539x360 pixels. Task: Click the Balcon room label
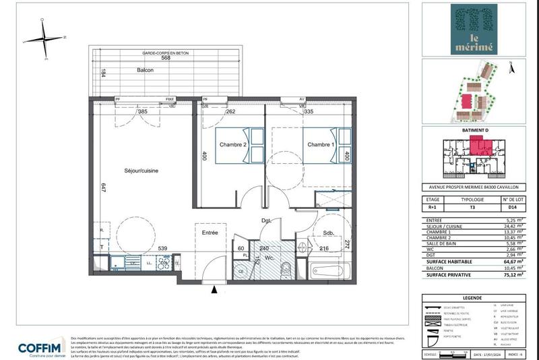[x=145, y=71]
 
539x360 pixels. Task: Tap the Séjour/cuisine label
[x=141, y=171]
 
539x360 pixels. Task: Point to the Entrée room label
[x=209, y=233]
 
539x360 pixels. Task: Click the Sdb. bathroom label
[x=329, y=235]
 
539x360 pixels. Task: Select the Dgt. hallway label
[x=267, y=220]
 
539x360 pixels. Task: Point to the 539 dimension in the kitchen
[x=162, y=249]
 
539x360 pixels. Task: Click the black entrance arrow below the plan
[x=215, y=290]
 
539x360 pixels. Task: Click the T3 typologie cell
[x=472, y=208]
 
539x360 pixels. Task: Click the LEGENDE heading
[x=471, y=297]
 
